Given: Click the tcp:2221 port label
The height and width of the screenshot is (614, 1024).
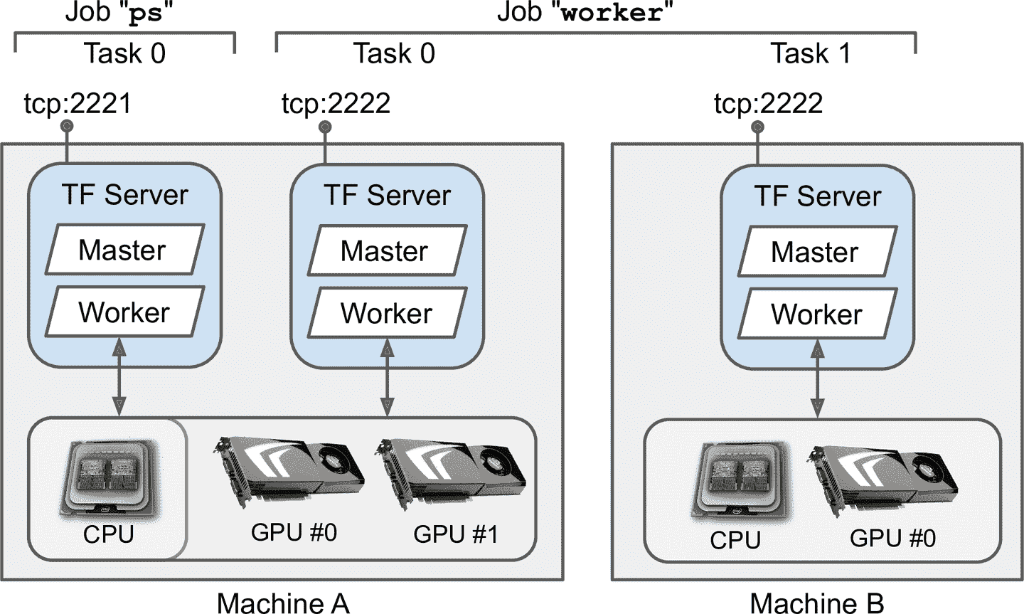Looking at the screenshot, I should (78, 104).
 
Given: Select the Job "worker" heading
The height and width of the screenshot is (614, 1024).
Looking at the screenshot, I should (585, 13).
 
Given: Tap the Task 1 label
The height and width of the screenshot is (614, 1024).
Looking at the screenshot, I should (811, 53).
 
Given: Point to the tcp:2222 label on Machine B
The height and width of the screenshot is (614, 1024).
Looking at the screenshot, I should (768, 104).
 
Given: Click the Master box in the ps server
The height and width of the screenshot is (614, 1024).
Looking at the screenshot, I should (124, 250).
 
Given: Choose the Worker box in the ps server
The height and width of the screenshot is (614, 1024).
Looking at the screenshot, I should (124, 312).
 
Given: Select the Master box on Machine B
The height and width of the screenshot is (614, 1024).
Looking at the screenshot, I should (816, 252).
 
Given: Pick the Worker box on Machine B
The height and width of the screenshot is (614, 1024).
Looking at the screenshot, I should (816, 314).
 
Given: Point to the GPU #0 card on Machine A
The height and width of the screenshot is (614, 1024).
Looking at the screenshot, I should (289, 472).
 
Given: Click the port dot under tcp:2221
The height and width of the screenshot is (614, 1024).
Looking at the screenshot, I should (67, 127).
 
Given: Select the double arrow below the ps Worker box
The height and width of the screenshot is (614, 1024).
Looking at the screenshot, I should (119, 377).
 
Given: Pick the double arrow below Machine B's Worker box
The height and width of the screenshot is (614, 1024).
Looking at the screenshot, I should (818, 380).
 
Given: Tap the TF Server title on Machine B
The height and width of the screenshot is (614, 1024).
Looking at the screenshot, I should (818, 196).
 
